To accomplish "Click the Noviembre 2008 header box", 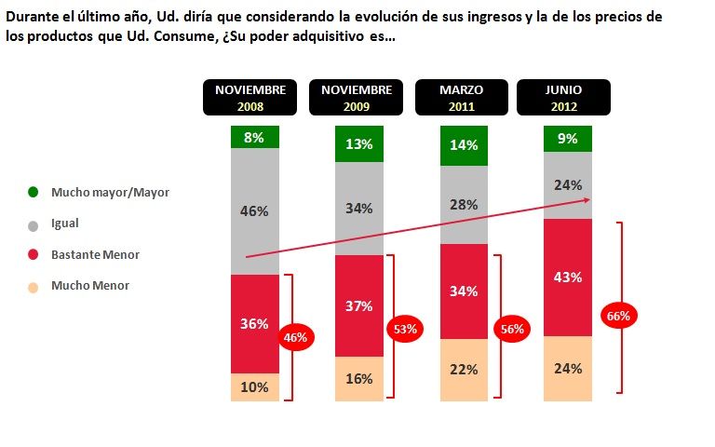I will (x=251, y=98).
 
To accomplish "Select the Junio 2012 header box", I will (x=563, y=98).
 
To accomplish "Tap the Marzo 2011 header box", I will (x=462, y=98).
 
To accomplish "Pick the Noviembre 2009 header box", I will (x=357, y=98).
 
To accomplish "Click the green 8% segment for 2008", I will (x=255, y=137).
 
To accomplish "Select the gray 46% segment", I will (x=255, y=211).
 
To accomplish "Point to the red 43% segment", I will (x=567, y=277).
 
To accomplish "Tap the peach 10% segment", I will (x=255, y=386).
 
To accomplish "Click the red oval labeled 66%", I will (x=618, y=316).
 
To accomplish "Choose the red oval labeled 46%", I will (x=294, y=337).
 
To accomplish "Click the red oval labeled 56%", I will (x=513, y=329).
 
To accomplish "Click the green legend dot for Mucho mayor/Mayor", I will (x=34, y=193).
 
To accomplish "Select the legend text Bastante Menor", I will (x=95, y=254).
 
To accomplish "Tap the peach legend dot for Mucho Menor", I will (x=34, y=286).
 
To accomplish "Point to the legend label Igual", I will (x=65, y=224).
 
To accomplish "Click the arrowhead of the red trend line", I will (x=588, y=199).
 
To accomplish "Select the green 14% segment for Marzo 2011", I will (x=463, y=145).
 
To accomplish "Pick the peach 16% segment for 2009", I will (x=359, y=378).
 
